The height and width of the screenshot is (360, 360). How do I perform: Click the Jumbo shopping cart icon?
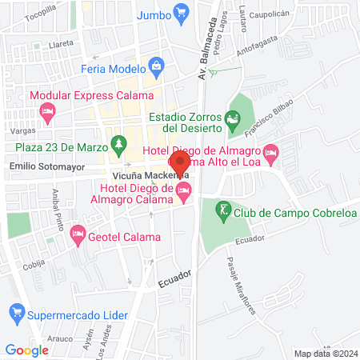182,13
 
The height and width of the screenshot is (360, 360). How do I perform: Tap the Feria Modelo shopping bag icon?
157,66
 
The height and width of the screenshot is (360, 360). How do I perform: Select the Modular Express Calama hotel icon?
47,114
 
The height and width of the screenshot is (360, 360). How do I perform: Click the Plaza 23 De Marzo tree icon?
119,144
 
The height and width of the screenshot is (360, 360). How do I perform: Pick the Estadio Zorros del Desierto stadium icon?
233,121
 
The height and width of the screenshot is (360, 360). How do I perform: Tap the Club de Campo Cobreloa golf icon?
223,212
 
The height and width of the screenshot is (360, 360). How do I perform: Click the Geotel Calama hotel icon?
78,235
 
